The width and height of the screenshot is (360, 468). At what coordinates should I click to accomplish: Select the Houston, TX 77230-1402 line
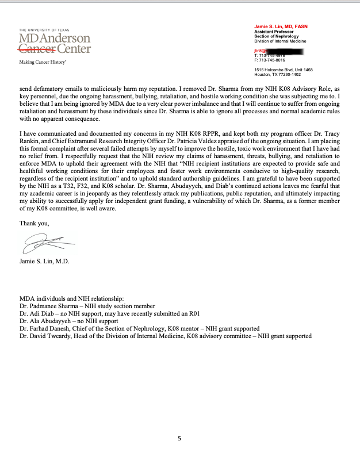pyautogui.click(x=277, y=74)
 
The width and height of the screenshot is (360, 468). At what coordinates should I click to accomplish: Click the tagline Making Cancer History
pyautogui.click(x=43, y=62)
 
